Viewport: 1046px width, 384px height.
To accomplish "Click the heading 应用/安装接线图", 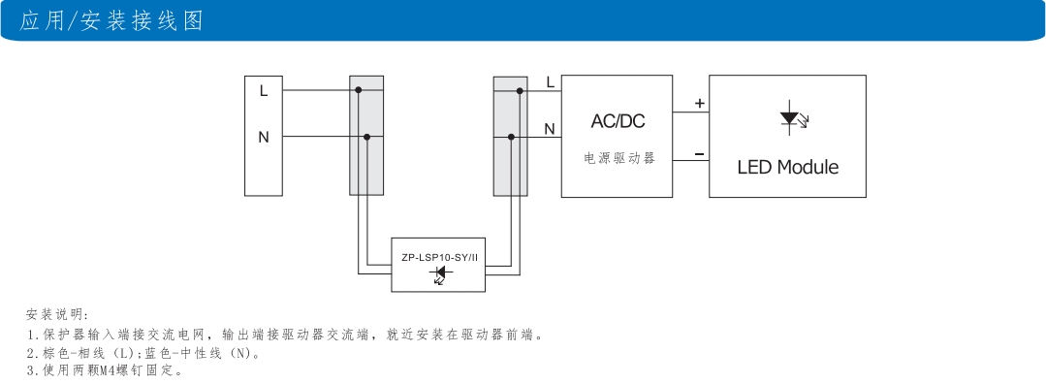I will pyautogui.click(x=111, y=20).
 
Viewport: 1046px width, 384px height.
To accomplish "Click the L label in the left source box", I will pyautogui.click(x=263, y=90).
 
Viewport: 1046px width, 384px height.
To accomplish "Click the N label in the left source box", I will pyautogui.click(x=263, y=138).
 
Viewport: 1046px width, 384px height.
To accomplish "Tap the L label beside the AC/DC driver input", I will pyautogui.click(x=550, y=82).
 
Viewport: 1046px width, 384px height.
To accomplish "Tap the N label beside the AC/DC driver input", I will pyautogui.click(x=550, y=128).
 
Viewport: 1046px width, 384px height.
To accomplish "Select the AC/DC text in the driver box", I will pyautogui.click(x=618, y=121).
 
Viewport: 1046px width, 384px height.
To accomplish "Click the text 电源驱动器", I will pyautogui.click(x=618, y=157).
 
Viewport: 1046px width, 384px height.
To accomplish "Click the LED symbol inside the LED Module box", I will pyautogui.click(x=789, y=119).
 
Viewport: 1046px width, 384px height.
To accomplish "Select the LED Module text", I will pyautogui.click(x=787, y=167).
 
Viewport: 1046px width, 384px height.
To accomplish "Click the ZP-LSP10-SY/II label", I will pyautogui.click(x=439, y=258).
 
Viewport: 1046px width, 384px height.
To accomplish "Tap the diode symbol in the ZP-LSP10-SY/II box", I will pyautogui.click(x=439, y=275).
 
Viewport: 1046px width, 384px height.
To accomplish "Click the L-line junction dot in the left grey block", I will pyautogui.click(x=359, y=90).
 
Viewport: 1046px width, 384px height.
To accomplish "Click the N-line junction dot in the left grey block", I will pyautogui.click(x=366, y=138).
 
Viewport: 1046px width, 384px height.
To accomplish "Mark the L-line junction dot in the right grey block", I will pyautogui.click(x=520, y=90).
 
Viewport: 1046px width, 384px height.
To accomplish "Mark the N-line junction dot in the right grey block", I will pyautogui.click(x=511, y=138).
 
